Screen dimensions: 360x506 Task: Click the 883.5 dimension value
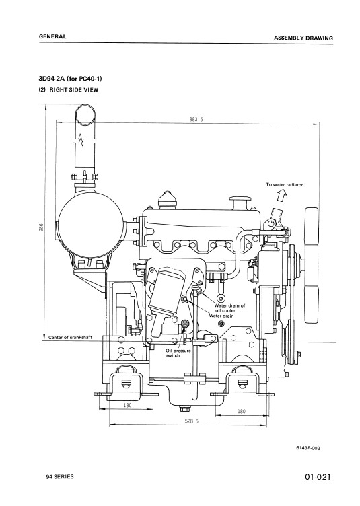pyautogui.click(x=196, y=119)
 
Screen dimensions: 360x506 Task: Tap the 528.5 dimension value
pyautogui.click(x=192, y=421)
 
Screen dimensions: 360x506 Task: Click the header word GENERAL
pyautogui.click(x=52, y=36)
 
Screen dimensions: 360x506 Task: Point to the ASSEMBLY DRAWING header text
pyautogui.click(x=303, y=38)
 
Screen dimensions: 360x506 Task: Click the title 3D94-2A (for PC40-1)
pyautogui.click(x=70, y=79)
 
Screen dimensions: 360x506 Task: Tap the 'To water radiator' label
pyautogui.click(x=284, y=185)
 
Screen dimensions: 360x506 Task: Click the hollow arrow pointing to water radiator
pyautogui.click(x=282, y=196)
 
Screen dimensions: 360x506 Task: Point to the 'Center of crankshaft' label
pyautogui.click(x=70, y=338)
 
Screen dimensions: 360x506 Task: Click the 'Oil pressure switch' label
pyautogui.click(x=178, y=353)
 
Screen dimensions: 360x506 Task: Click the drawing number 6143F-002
pyautogui.click(x=308, y=448)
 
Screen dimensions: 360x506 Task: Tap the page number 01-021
pyautogui.click(x=318, y=477)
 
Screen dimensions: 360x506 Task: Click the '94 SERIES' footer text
pyautogui.click(x=60, y=476)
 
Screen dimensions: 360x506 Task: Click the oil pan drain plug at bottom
pyautogui.click(x=184, y=409)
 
